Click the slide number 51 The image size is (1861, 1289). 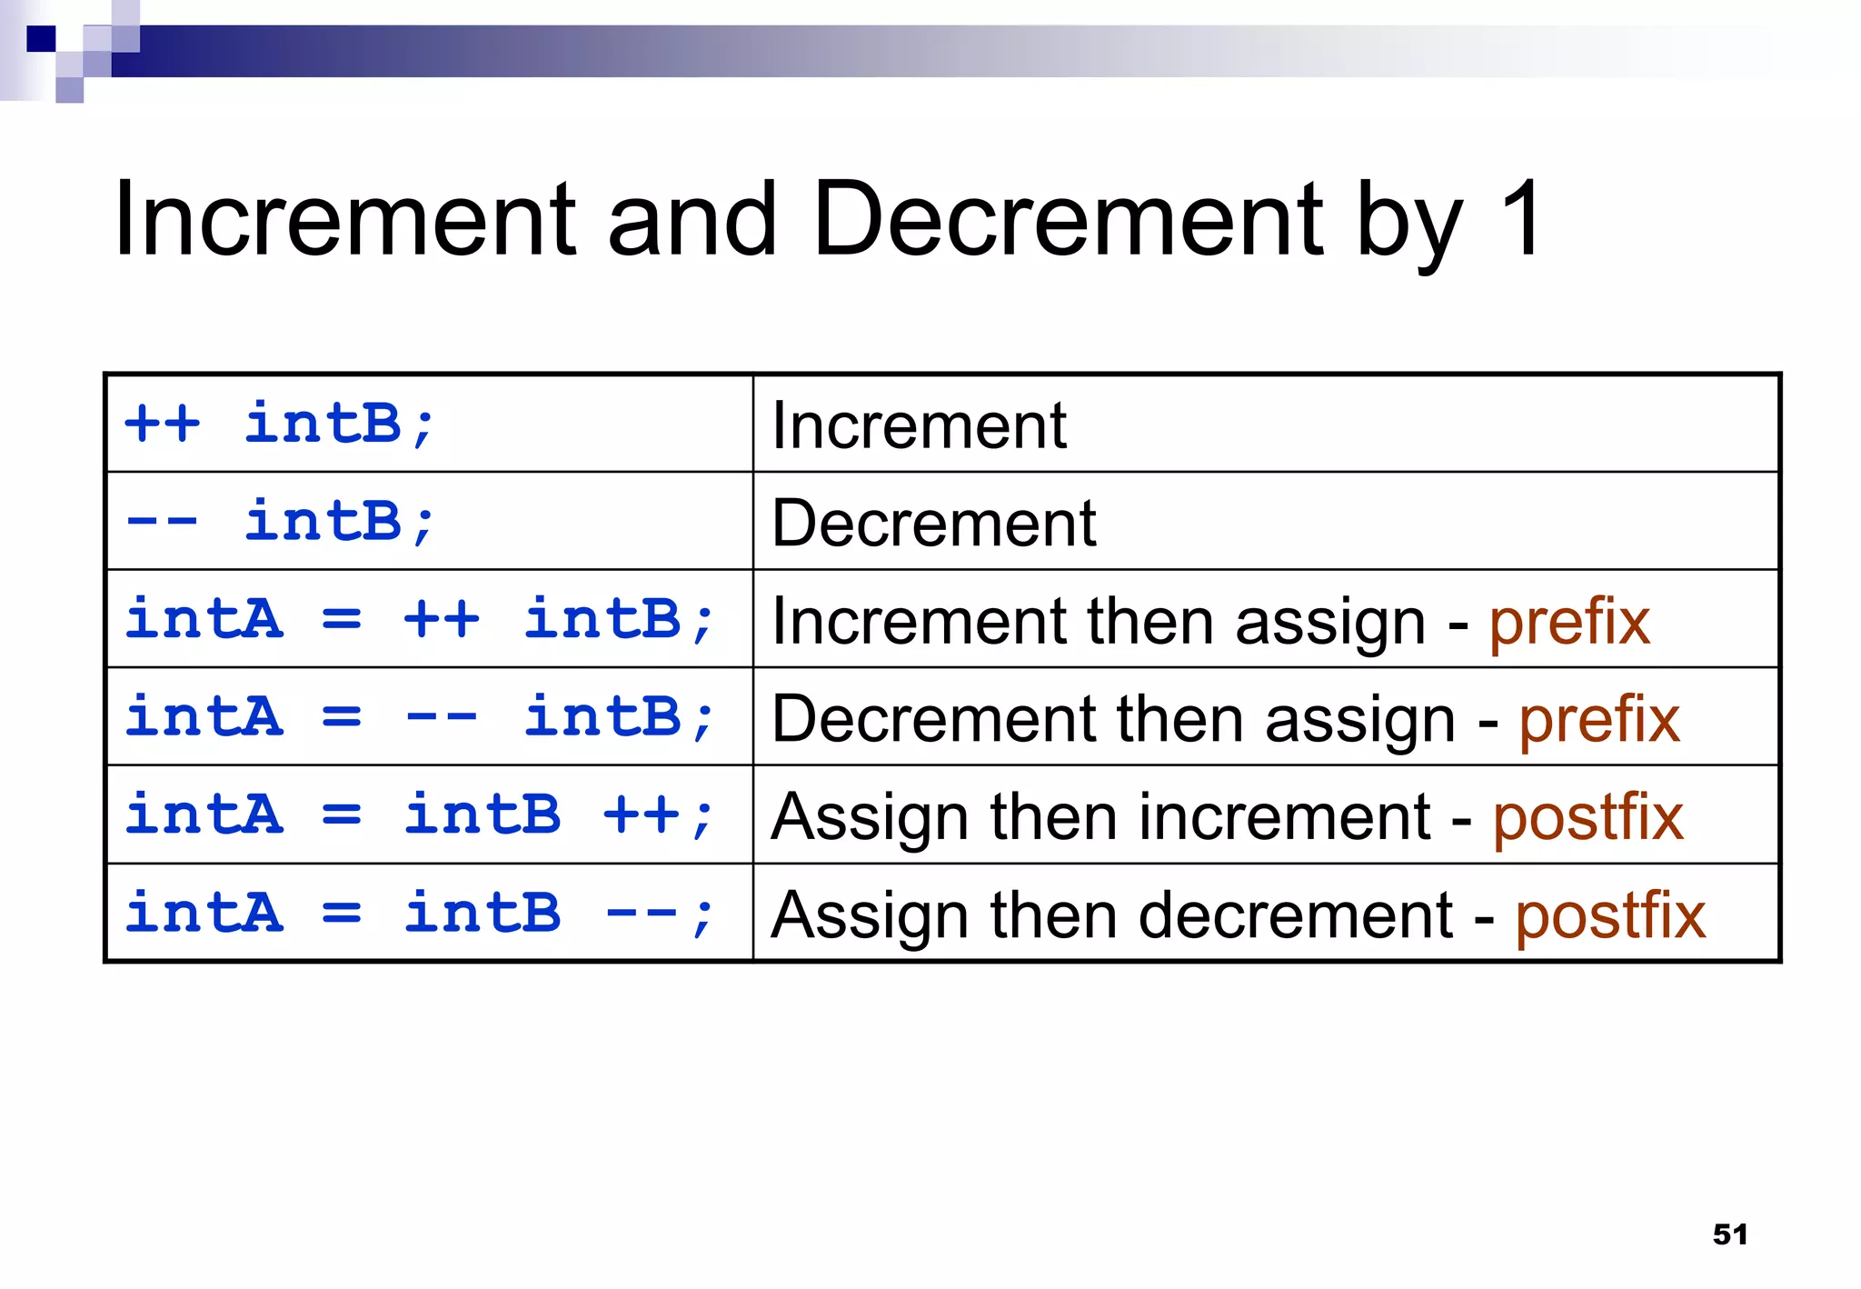[x=1729, y=1234]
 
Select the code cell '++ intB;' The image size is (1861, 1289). [x=280, y=424]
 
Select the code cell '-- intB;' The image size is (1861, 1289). [x=280, y=522]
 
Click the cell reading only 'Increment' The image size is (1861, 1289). [x=919, y=425]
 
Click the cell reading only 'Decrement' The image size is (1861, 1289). [x=933, y=524]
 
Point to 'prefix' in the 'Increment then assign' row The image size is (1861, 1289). [x=1569, y=623]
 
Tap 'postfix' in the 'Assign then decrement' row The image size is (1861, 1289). [x=1609, y=916]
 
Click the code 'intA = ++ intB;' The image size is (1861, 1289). [x=420, y=620]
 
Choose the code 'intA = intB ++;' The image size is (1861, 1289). [x=420, y=815]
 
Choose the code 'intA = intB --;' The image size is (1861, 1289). [x=420, y=914]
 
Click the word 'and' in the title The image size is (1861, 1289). [x=692, y=218]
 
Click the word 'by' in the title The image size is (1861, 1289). [x=1408, y=223]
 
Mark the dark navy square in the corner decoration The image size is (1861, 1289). [x=41, y=39]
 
